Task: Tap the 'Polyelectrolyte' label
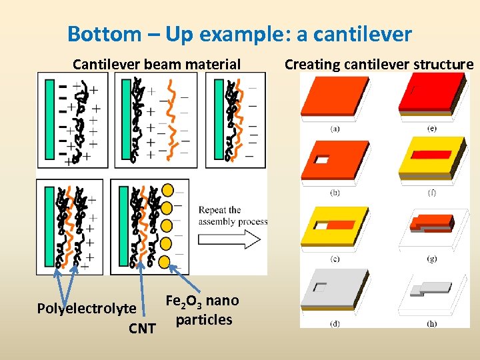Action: (86, 308)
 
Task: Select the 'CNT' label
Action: (142, 328)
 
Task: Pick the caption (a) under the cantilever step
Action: (335, 129)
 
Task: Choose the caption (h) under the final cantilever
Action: (432, 324)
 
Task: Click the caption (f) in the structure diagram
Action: (432, 193)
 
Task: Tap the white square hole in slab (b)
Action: (322, 160)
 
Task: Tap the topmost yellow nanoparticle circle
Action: (167, 191)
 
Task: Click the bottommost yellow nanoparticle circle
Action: (165, 261)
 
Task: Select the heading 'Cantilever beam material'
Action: (157, 64)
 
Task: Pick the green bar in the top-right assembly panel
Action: (219, 119)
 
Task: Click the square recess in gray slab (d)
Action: (321, 288)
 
